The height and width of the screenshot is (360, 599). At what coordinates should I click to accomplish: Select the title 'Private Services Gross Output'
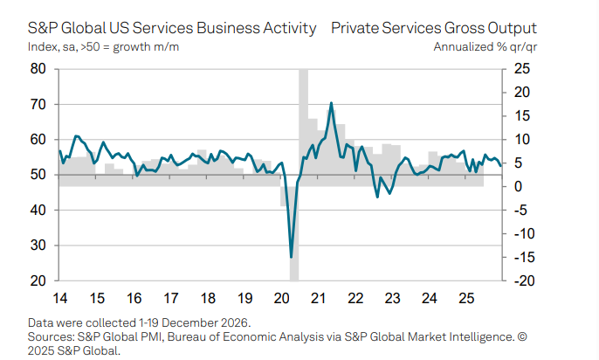(x=434, y=29)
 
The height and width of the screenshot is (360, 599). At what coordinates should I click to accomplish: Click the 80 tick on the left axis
(x=38, y=69)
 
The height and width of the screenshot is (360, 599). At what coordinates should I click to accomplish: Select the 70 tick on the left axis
(x=38, y=104)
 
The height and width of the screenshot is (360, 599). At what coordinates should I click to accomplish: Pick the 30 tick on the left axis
(x=38, y=246)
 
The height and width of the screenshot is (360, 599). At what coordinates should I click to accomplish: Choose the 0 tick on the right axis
(x=520, y=187)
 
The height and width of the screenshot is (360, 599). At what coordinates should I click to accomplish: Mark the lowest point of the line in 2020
(x=291, y=257)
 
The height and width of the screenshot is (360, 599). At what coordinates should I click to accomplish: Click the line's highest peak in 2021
(x=331, y=103)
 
